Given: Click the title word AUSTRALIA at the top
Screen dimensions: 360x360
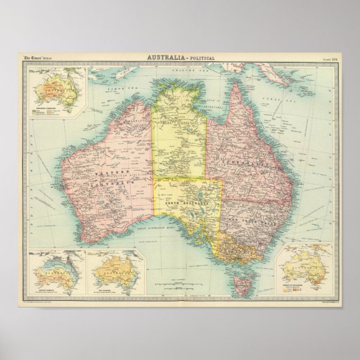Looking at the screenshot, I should point(167,58).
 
